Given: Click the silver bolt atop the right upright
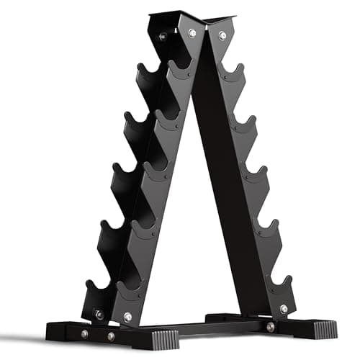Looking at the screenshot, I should (x=222, y=35).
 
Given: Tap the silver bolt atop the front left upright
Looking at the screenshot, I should (x=192, y=32).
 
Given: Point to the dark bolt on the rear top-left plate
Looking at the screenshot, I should (x=163, y=37).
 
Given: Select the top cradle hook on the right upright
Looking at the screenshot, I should (x=233, y=72).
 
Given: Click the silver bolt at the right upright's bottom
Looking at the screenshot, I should (x=283, y=309).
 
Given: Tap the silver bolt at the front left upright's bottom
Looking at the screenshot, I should (x=127, y=317).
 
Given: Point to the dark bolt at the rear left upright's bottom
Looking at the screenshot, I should (x=99, y=314).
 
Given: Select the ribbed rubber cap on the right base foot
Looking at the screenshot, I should (x=318, y=328).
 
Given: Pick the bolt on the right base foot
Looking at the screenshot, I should (x=270, y=327).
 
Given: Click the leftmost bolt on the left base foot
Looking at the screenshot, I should (x=85, y=334).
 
